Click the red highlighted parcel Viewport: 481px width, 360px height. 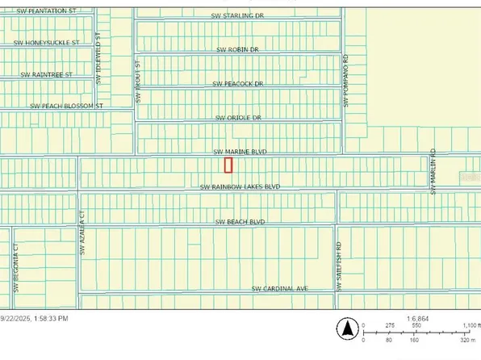(x=228, y=165)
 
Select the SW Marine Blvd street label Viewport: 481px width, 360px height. (x=239, y=151)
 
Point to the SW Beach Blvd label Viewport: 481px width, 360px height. (x=240, y=221)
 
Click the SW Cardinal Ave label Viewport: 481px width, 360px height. (x=280, y=288)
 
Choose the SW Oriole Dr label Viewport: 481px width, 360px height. (x=239, y=118)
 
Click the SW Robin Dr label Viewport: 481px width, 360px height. (x=238, y=50)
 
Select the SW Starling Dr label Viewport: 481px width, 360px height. (x=237, y=15)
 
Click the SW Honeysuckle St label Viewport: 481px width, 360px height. (x=48, y=43)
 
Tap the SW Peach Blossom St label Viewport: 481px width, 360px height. (x=68, y=106)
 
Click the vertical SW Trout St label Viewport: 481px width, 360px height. (x=138, y=81)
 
